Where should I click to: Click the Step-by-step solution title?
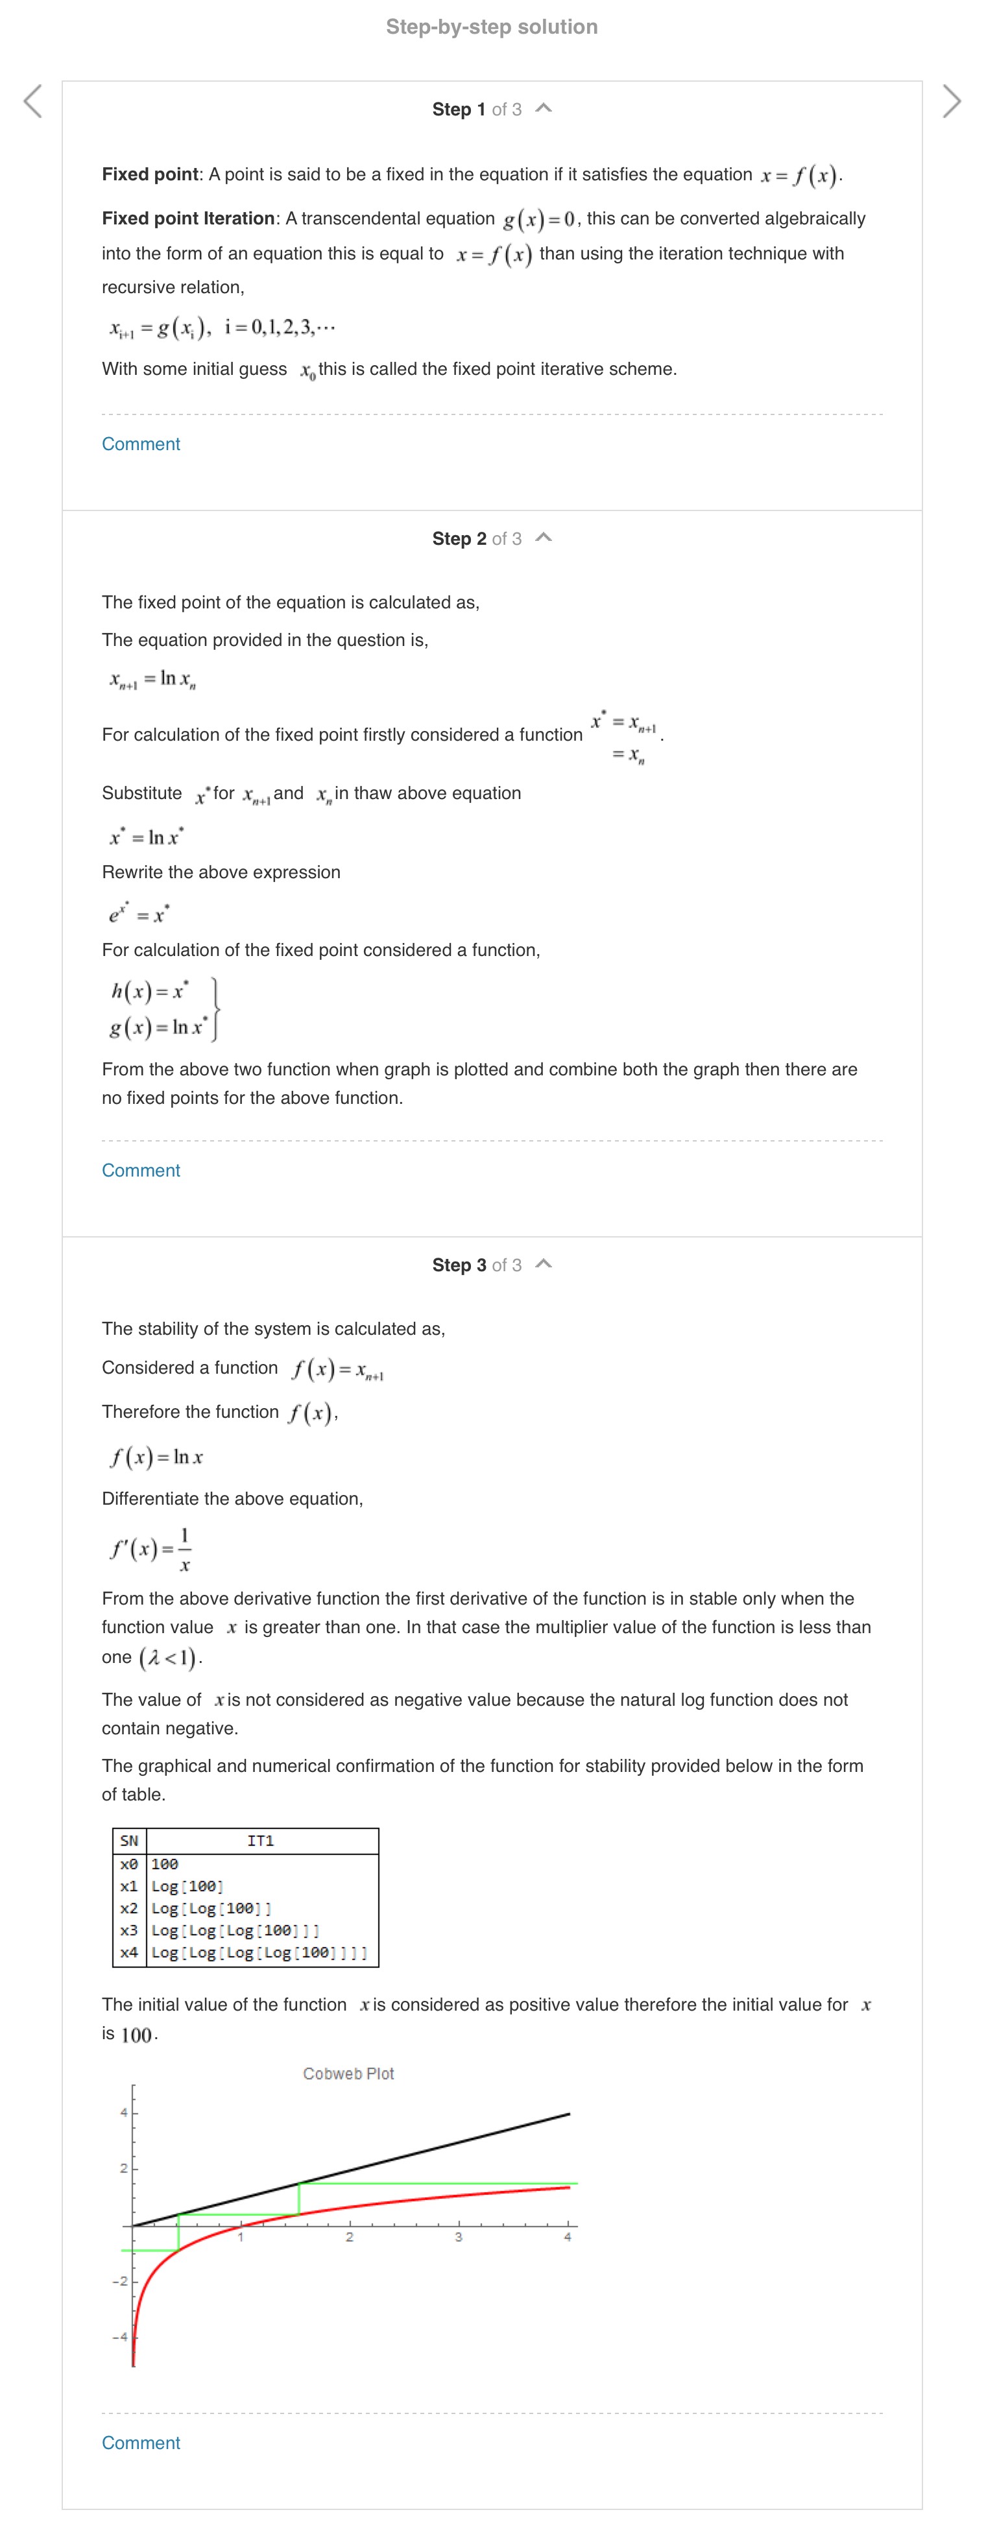[x=492, y=27]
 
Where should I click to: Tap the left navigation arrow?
[x=32, y=101]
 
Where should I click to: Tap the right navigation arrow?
[x=951, y=101]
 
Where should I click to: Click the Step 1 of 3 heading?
[x=476, y=110]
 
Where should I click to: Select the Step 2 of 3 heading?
[x=476, y=539]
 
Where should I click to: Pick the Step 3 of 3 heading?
[x=476, y=1265]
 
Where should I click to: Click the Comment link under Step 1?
[x=141, y=444]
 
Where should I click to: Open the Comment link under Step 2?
[x=141, y=1171]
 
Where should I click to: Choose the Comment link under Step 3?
[x=141, y=2443]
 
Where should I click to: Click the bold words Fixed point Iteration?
[x=188, y=219]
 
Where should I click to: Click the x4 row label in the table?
[x=129, y=1952]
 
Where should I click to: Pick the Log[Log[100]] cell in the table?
[x=211, y=1908]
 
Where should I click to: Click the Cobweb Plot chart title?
[x=348, y=2074]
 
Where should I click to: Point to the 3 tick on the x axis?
[x=458, y=2237]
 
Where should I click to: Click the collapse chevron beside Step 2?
[x=544, y=538]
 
